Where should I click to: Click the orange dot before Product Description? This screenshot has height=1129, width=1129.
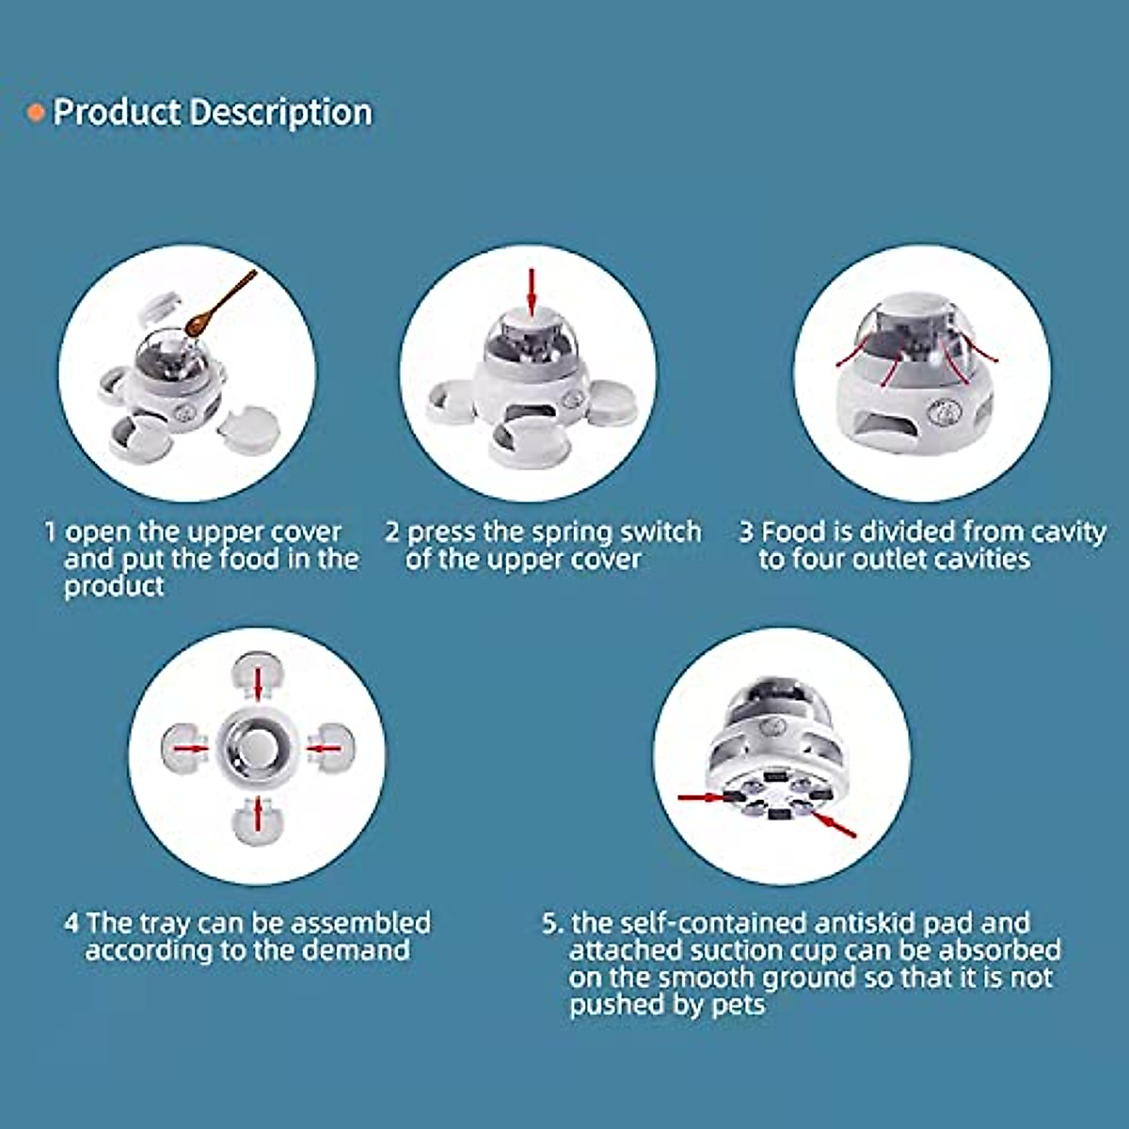tap(36, 114)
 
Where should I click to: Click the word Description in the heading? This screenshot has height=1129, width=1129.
tap(279, 113)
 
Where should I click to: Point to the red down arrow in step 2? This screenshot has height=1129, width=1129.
tap(532, 292)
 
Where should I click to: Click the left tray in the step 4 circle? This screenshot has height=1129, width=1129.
tap(184, 749)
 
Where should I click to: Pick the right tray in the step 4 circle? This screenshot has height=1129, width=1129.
tap(331, 749)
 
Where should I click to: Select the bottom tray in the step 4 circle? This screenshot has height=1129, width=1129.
tap(257, 819)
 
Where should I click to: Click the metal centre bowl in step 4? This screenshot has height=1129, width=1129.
tap(257, 749)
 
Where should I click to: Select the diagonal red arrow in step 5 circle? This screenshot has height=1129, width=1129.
tap(835, 826)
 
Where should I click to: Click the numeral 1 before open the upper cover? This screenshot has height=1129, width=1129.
tap(50, 532)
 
